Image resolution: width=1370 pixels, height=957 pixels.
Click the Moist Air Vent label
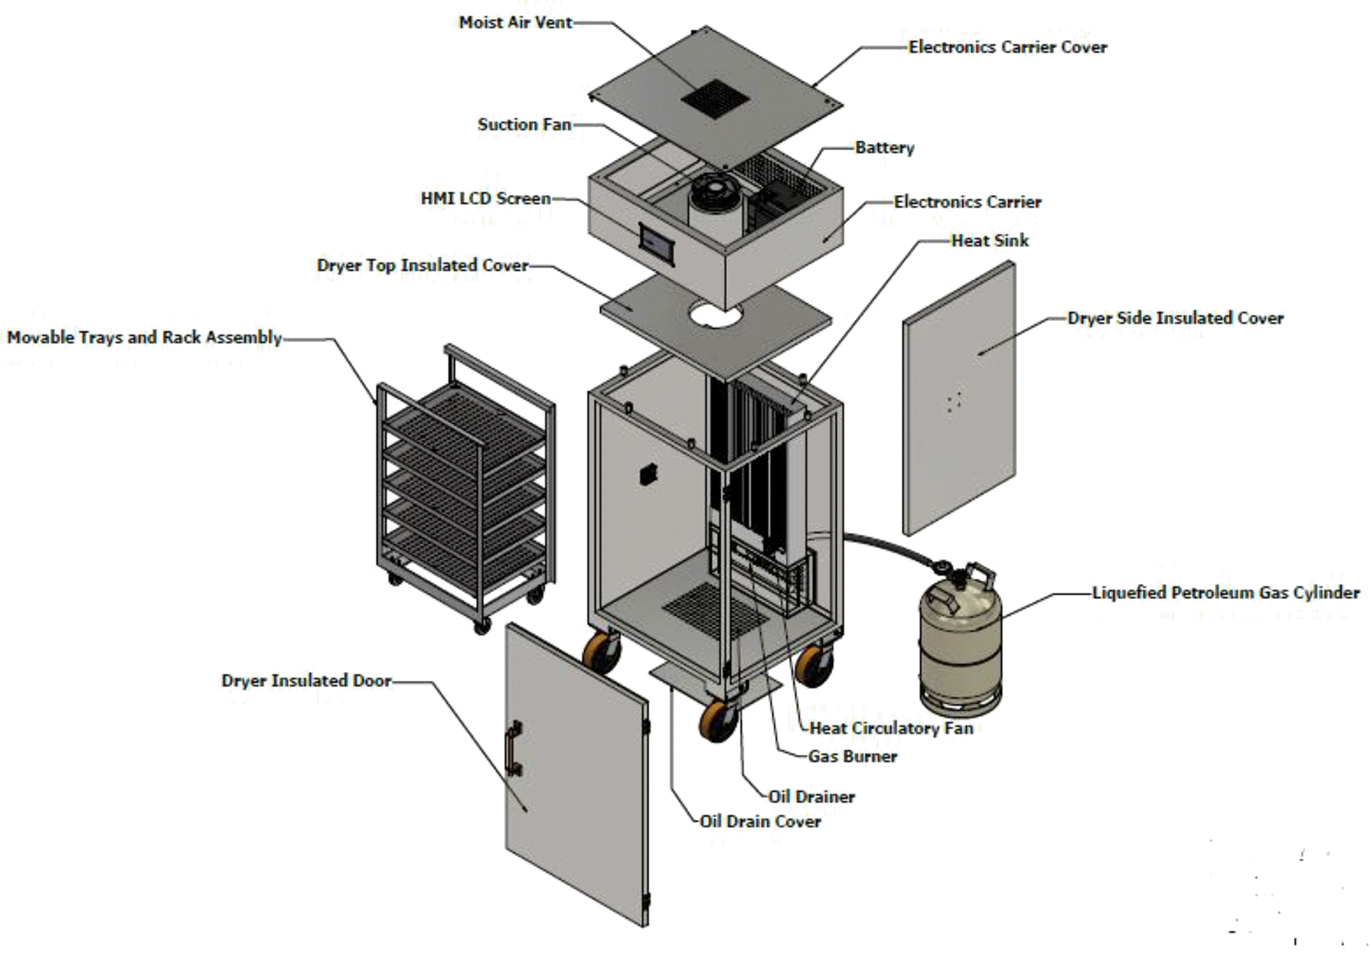(515, 23)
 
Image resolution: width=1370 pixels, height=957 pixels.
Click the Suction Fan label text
(524, 125)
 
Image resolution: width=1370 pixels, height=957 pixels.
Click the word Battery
(884, 147)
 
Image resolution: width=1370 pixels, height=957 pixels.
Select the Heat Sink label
(990, 240)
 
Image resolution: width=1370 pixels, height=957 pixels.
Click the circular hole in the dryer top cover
(715, 315)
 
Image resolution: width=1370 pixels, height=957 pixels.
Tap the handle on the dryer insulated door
(514, 748)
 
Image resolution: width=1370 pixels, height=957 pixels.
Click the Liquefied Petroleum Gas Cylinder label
(1225, 593)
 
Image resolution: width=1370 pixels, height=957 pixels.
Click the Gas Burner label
(852, 757)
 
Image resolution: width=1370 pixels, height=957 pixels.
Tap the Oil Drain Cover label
(759, 822)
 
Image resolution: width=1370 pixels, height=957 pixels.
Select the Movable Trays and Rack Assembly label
(144, 338)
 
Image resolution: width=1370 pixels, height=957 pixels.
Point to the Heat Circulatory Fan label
(890, 728)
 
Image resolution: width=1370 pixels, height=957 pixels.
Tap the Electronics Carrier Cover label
(1007, 47)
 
